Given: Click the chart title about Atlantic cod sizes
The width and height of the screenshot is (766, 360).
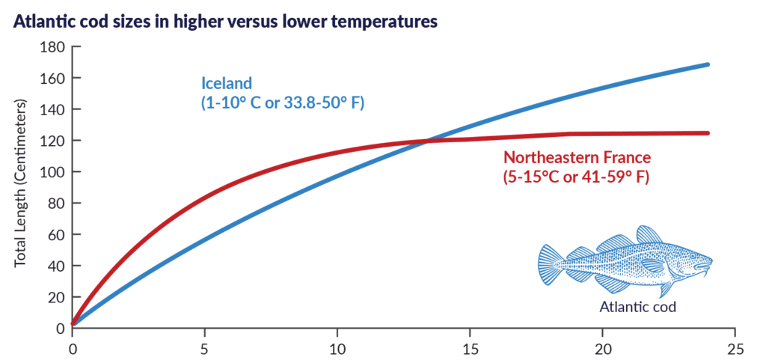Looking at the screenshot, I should pos(224,21).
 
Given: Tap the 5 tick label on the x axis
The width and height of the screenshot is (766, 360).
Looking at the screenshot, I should pos(205,349).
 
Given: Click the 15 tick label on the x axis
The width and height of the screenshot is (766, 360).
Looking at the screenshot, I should pos(470,349).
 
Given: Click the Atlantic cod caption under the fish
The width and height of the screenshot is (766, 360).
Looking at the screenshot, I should pos(637,307).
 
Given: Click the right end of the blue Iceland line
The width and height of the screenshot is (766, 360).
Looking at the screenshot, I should pos(707,65).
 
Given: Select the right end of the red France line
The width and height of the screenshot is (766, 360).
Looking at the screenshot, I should pos(707,133).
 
